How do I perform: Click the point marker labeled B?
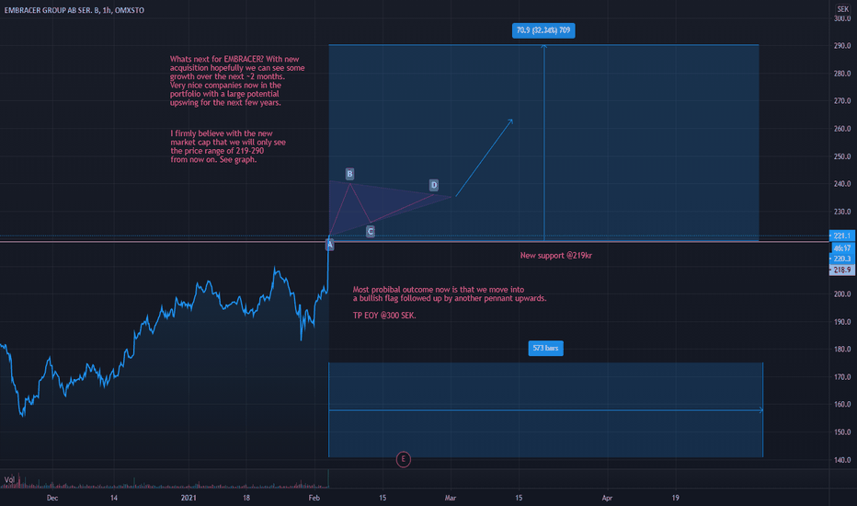[350, 173]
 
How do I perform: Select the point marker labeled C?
[371, 232]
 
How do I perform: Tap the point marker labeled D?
[434, 185]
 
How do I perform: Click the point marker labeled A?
[330, 244]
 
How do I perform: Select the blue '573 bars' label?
[546, 349]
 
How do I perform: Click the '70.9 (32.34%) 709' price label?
[544, 30]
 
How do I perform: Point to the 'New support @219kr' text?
[555, 255]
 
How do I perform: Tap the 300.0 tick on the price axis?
[840, 18]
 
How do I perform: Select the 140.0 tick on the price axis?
[840, 460]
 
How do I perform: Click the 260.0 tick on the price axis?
[840, 129]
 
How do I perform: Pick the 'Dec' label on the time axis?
[52, 497]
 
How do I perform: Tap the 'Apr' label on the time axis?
[607, 497]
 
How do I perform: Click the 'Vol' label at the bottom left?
[9, 479]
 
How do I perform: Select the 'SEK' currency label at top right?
[840, 6]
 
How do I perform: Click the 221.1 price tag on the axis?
[841, 236]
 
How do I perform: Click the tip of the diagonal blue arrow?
[512, 120]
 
